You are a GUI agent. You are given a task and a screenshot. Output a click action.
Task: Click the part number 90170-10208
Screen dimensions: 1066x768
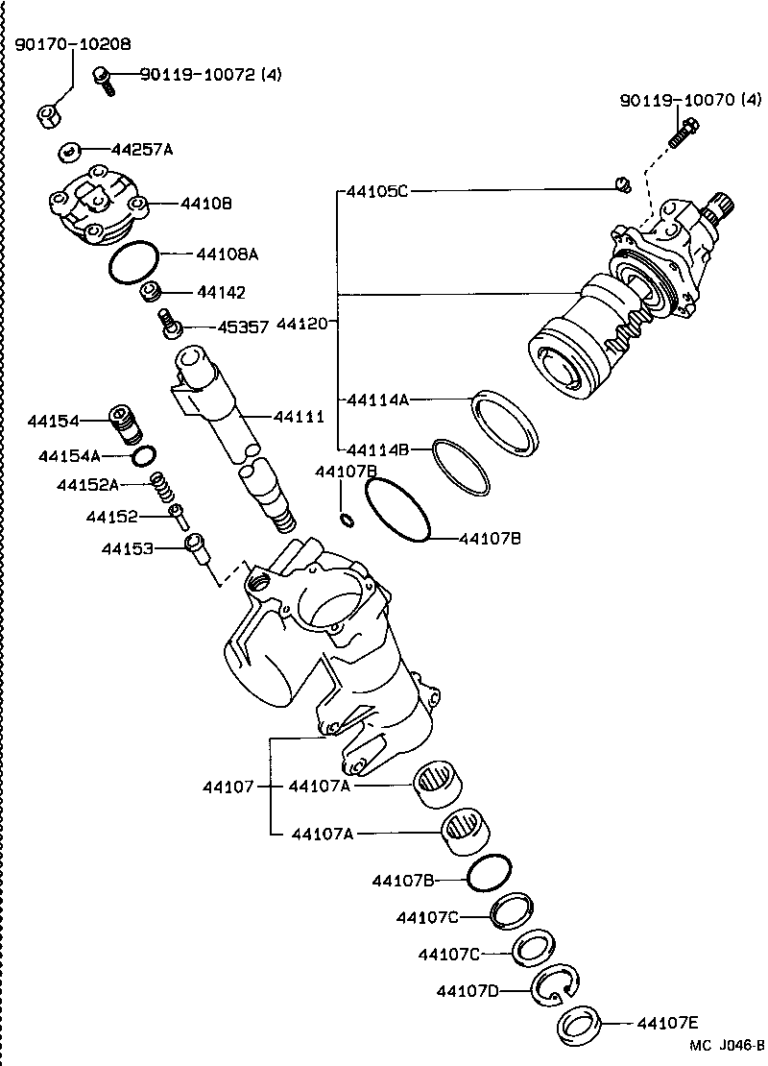[x=73, y=44]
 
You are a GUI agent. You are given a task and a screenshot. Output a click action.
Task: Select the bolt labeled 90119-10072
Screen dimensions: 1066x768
[x=103, y=79]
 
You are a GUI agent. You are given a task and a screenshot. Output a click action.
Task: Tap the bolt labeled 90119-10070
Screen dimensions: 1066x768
[x=683, y=133]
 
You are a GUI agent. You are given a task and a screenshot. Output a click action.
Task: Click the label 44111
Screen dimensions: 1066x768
[x=299, y=417]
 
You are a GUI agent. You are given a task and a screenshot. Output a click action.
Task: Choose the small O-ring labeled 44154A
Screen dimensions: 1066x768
[x=145, y=454]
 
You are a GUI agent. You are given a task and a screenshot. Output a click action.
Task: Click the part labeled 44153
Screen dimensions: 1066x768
[x=196, y=546]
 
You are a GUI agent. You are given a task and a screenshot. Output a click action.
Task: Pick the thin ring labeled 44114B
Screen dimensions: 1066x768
[x=461, y=467]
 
